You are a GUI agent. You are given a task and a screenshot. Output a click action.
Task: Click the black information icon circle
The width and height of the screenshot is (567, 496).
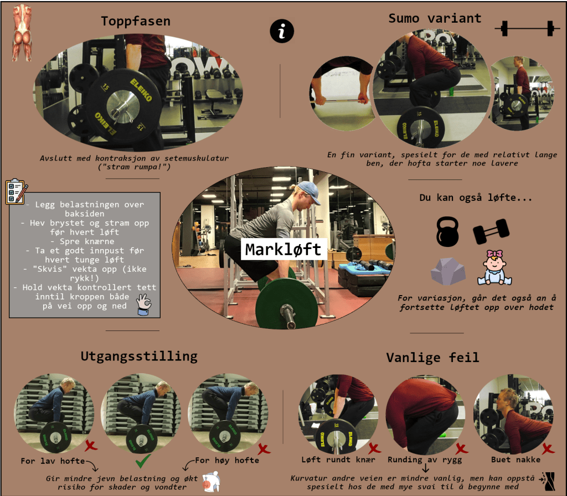click(x=282, y=31)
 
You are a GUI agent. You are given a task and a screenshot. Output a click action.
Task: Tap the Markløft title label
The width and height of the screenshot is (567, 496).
click(x=283, y=249)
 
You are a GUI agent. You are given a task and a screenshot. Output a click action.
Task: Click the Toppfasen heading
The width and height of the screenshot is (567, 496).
click(x=136, y=22)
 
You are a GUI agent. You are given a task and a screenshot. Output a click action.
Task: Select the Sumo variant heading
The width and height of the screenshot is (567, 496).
click(x=435, y=18)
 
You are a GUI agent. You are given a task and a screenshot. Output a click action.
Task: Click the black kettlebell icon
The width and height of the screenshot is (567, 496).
click(x=447, y=232)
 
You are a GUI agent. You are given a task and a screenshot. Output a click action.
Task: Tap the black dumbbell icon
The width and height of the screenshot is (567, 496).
click(x=491, y=231)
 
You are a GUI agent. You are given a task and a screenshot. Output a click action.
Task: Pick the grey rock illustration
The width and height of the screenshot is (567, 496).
click(x=448, y=271)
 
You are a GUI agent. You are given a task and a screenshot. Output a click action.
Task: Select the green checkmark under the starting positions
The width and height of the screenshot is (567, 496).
click(x=143, y=461)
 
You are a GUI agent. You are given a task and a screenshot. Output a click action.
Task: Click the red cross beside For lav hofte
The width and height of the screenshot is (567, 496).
click(x=91, y=446)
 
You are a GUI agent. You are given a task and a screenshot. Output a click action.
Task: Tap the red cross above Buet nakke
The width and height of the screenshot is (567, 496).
click(x=548, y=448)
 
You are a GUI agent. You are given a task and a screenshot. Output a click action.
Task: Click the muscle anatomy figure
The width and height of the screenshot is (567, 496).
click(x=22, y=33)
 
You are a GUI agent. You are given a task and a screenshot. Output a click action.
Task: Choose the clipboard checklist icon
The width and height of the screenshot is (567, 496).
click(x=17, y=192)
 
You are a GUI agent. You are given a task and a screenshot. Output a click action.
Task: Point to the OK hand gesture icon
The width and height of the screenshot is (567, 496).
click(x=144, y=304)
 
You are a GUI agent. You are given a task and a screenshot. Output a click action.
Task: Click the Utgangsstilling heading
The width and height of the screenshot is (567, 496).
click(x=139, y=356)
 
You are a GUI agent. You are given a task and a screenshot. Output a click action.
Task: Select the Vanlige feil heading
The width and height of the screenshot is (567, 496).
click(x=432, y=358)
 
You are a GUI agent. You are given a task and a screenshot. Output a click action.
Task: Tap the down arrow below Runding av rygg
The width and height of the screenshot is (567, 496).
click(x=426, y=468)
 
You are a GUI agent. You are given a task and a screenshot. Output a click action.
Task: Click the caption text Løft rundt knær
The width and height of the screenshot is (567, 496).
click(x=338, y=459)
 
